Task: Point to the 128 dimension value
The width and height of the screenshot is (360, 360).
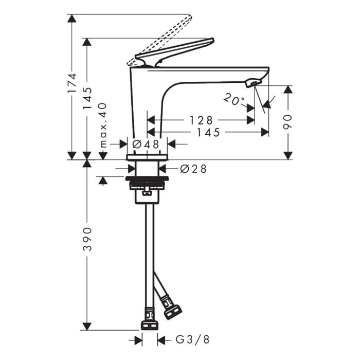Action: (x=201, y=120)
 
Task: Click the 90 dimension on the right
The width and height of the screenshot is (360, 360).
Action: (x=288, y=122)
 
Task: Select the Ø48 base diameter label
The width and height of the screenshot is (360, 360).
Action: (x=146, y=145)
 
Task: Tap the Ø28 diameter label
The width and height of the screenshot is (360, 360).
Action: (x=193, y=169)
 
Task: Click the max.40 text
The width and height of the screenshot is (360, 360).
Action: (x=103, y=125)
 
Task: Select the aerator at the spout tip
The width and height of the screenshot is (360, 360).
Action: (x=253, y=82)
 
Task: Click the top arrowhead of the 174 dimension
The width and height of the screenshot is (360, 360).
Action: (x=71, y=19)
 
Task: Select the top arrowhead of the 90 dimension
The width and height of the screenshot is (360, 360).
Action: (x=288, y=89)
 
